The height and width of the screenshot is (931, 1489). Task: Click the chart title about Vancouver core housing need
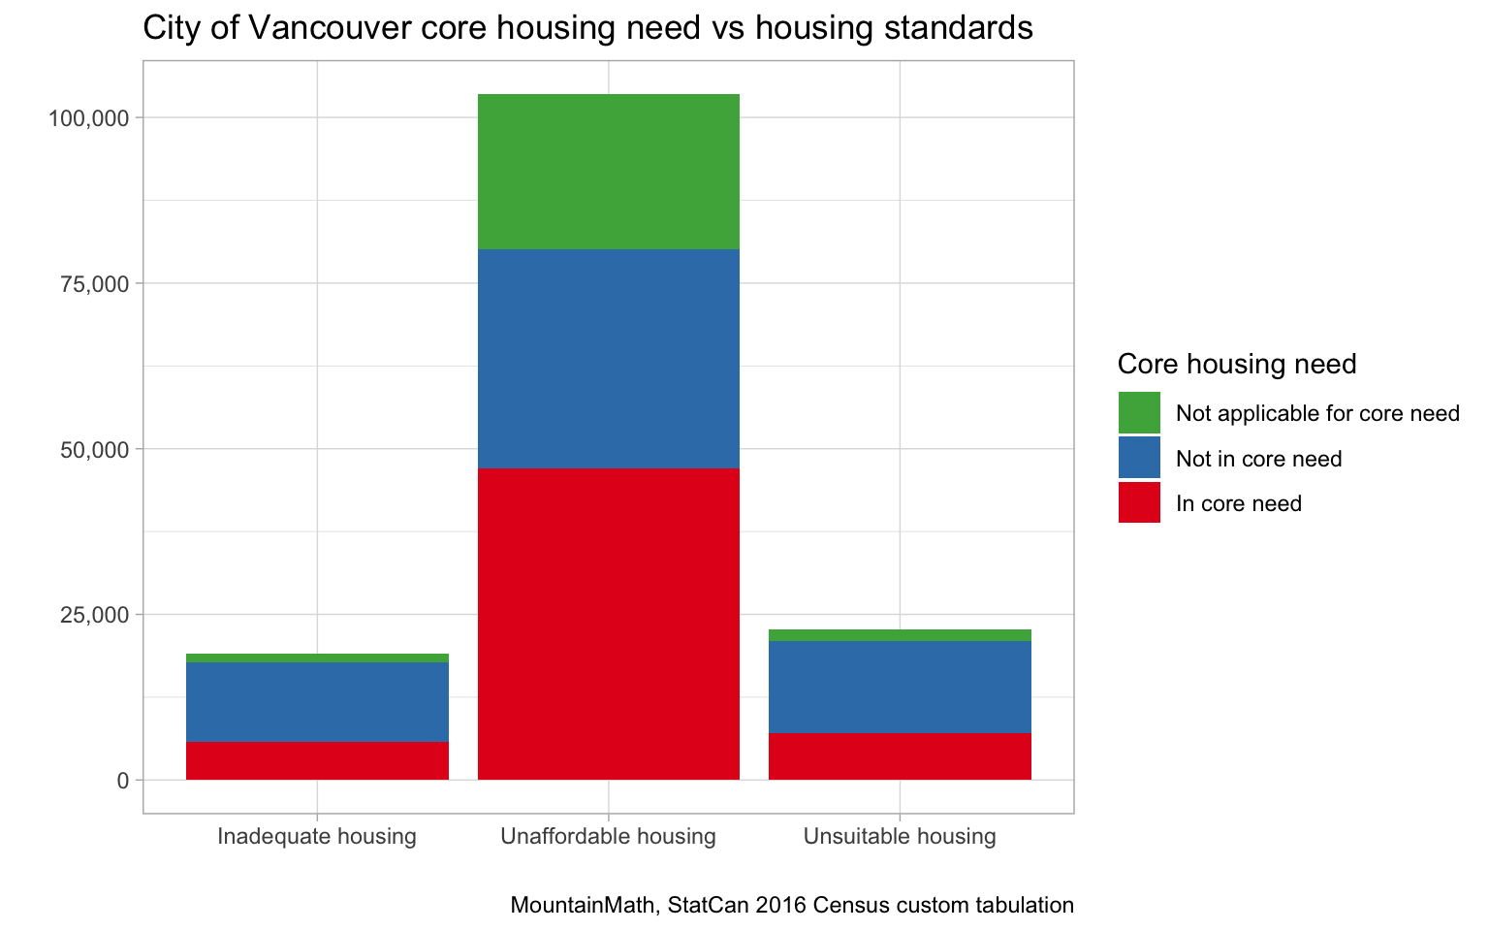coord(587,28)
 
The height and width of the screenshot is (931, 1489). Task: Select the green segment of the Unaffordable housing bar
coord(609,172)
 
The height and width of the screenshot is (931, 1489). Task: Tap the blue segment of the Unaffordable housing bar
coord(609,359)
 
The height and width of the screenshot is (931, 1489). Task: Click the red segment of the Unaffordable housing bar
coord(609,624)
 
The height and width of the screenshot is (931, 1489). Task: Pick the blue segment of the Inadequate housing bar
coord(317,702)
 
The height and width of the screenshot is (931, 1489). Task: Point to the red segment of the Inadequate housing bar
coord(317,761)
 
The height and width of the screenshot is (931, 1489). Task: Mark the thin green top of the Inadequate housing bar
coord(317,658)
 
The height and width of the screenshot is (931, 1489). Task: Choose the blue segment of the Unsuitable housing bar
coord(900,687)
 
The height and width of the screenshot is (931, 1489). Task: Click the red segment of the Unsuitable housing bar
coord(900,756)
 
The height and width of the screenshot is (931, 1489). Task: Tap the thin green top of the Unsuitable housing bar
coord(900,635)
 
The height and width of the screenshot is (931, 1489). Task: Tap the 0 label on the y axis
coord(122,781)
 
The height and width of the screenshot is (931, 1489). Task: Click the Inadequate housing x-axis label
coord(317,836)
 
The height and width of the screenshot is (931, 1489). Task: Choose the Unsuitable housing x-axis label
coord(900,836)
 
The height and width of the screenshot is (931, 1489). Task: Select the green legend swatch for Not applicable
coord(1139,413)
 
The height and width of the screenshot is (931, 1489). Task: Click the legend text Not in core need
coord(1258,459)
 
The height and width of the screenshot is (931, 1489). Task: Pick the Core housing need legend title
coord(1236,364)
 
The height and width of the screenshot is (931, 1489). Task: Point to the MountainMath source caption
coord(792,906)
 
